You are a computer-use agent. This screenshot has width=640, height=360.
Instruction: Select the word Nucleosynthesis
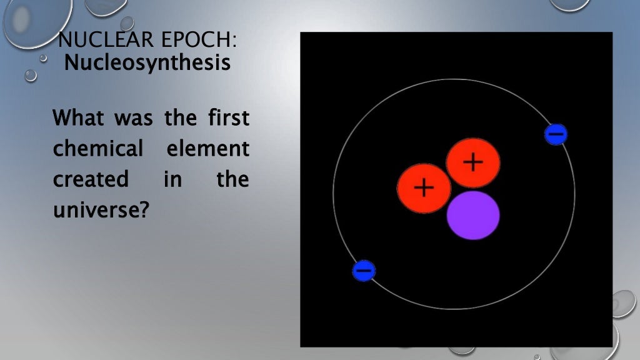[x=147, y=62]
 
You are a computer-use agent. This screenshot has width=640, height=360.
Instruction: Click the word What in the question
[x=78, y=117]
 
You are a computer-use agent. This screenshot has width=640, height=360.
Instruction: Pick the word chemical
[x=98, y=149]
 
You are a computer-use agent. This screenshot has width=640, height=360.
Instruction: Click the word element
[x=208, y=149]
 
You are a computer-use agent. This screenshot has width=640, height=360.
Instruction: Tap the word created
[x=91, y=179]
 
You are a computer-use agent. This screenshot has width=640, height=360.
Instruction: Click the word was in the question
[x=134, y=118]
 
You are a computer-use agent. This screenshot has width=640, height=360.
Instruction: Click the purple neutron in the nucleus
[x=473, y=215]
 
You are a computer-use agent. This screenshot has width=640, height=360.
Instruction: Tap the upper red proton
[x=473, y=162]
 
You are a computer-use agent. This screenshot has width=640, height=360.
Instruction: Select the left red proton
[x=424, y=187]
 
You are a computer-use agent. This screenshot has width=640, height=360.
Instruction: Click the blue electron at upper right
[x=556, y=134]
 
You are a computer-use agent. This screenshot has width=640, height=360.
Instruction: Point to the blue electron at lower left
[x=364, y=271]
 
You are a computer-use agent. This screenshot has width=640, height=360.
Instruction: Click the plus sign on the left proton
[x=424, y=187]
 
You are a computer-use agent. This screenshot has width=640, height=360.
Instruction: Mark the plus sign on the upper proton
[x=473, y=162]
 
